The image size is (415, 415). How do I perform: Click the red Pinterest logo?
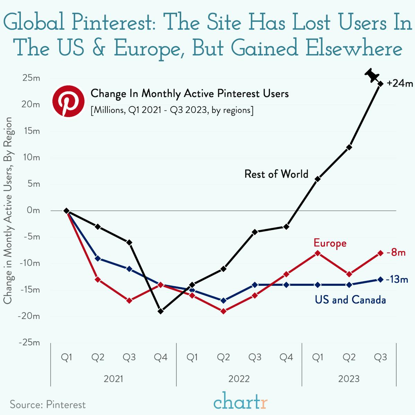click(68, 101)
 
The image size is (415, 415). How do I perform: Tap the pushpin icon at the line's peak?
click(372, 75)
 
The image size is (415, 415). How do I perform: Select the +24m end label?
click(400, 83)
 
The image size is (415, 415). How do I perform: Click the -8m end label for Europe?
click(396, 253)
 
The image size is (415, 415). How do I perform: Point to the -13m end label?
click(397, 279)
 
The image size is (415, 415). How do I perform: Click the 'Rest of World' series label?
click(276, 174)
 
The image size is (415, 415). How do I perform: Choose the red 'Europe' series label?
click(330, 243)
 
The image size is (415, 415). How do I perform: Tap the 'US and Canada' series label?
click(350, 300)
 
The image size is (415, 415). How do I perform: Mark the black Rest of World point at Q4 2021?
click(160, 311)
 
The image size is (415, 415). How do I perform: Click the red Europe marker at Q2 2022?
click(223, 311)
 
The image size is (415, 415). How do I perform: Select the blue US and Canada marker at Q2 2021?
click(98, 258)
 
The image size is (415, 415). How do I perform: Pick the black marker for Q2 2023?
click(349, 147)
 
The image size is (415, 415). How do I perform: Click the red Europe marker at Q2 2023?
click(349, 274)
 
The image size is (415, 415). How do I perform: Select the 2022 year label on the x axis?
click(239, 379)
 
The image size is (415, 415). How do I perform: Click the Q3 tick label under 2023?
click(380, 357)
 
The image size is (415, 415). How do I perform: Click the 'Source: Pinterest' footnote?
click(47, 405)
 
